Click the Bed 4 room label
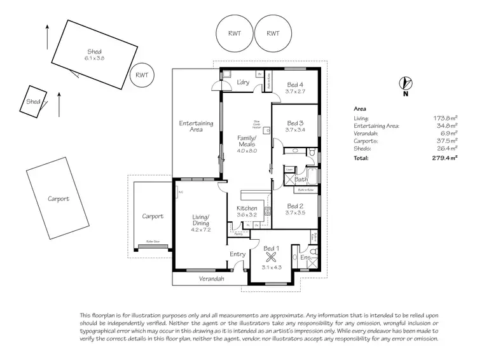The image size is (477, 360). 295,85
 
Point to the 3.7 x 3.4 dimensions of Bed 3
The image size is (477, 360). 295,130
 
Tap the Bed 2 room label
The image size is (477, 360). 295,205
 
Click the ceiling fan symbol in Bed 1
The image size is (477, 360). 271,257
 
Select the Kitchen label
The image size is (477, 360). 246,208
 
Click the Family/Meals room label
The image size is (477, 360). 247,141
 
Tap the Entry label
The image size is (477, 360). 237,254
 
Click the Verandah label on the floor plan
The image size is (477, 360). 212,279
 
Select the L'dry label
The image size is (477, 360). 242,83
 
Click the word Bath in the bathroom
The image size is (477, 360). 301,180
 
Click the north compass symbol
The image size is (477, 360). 404,83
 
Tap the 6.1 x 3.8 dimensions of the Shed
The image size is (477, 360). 94,59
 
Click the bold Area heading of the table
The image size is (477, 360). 359,109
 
